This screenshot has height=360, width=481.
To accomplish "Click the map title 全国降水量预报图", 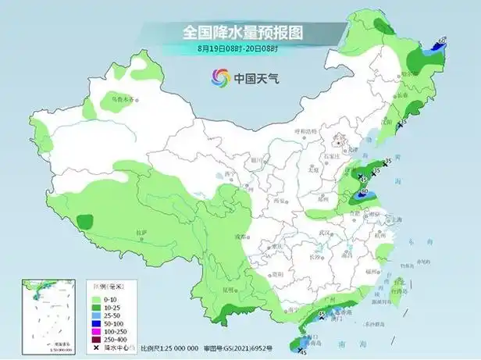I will coord(241,32).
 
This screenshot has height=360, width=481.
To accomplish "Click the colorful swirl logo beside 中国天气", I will coord(219,77).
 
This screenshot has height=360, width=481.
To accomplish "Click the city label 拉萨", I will coord(141,232).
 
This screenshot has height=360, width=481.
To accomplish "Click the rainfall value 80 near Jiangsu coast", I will coord(363,191).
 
